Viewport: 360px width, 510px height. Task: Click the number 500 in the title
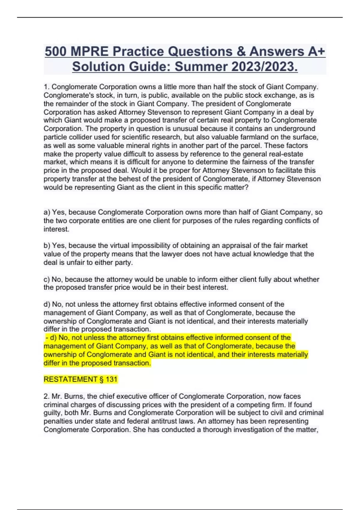point(55,52)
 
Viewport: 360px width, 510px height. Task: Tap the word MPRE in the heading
point(89,52)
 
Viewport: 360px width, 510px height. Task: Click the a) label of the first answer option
point(47,212)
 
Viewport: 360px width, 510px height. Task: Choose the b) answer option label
point(47,246)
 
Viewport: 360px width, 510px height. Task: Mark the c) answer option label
point(47,279)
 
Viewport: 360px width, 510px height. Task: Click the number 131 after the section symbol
point(111,379)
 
